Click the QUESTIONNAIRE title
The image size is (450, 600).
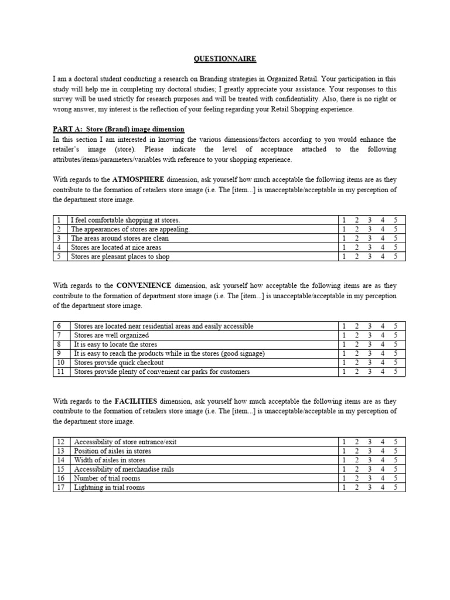click(225, 59)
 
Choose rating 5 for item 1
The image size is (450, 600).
click(396, 220)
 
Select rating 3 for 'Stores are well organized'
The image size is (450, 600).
click(369, 335)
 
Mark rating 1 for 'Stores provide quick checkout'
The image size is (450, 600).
click(344, 363)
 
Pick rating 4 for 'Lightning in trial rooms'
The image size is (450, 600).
click(383, 487)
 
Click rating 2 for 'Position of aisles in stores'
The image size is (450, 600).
click(356, 451)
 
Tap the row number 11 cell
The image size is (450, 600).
click(60, 371)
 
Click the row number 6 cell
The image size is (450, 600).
click(60, 326)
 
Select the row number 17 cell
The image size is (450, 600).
click(60, 487)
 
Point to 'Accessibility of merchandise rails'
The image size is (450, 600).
click(124, 469)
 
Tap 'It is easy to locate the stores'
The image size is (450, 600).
click(115, 345)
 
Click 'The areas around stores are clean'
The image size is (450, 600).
click(118, 238)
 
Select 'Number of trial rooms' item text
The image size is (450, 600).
click(107, 478)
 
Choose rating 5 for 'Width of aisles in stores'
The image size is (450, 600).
click(396, 460)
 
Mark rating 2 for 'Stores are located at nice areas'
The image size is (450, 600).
click(356, 247)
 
